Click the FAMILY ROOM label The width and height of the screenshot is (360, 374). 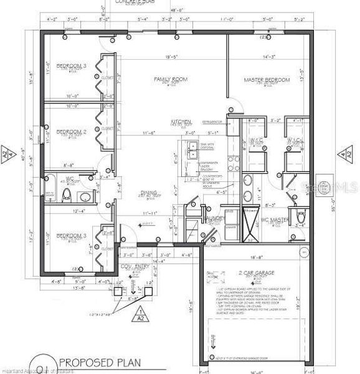tap(171, 79)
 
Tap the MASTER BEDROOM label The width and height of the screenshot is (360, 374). tap(267, 80)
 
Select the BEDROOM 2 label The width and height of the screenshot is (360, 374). tap(70, 132)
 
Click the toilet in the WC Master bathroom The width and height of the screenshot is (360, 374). tap(301, 218)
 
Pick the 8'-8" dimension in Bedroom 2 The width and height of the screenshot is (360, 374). tap(70, 165)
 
